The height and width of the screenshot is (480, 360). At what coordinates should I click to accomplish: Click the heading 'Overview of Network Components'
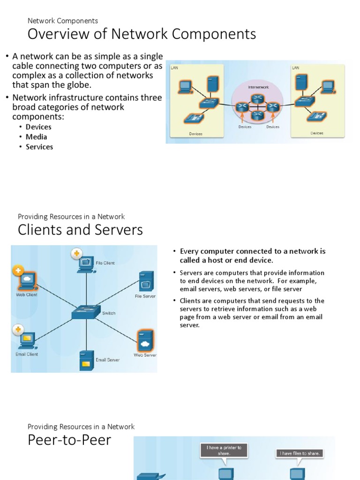(x=142, y=35)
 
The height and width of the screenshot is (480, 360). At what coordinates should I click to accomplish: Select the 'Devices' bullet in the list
(x=38, y=127)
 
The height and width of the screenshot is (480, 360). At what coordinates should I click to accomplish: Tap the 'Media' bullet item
(x=36, y=137)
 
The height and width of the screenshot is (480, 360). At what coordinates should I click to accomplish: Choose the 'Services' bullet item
(x=39, y=147)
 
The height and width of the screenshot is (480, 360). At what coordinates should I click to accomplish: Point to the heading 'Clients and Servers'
(x=80, y=230)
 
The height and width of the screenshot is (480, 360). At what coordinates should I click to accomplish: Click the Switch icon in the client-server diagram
(x=86, y=312)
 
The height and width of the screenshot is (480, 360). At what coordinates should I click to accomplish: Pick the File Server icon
(x=145, y=282)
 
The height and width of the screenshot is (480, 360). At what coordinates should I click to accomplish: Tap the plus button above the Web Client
(x=18, y=270)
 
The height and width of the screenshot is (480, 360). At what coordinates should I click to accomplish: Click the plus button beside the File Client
(x=76, y=254)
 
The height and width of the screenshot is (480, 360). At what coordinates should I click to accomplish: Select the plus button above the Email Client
(x=18, y=330)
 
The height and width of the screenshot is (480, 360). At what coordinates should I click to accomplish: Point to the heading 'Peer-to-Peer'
(x=69, y=440)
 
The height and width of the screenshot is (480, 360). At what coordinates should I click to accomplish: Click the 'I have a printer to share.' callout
(x=225, y=450)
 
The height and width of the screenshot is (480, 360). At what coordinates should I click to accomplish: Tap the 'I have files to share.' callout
(x=300, y=453)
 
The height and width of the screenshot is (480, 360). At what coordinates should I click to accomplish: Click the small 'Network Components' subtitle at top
(x=63, y=21)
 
